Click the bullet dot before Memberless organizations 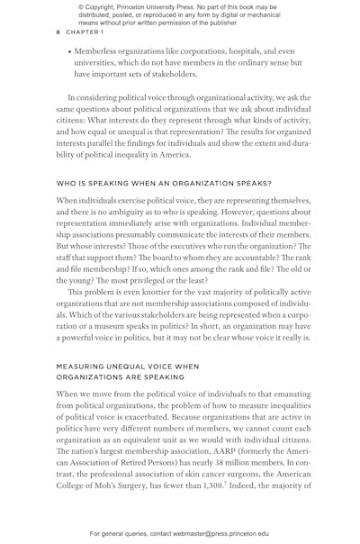(69, 52)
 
